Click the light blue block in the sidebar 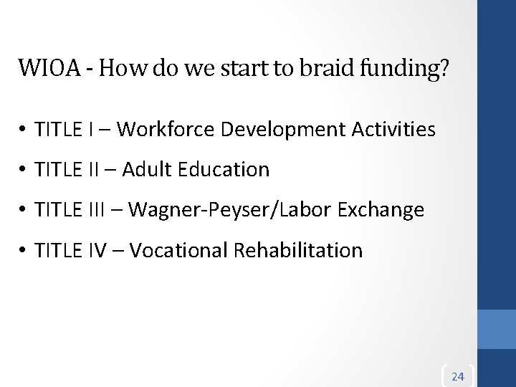(497, 328)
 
